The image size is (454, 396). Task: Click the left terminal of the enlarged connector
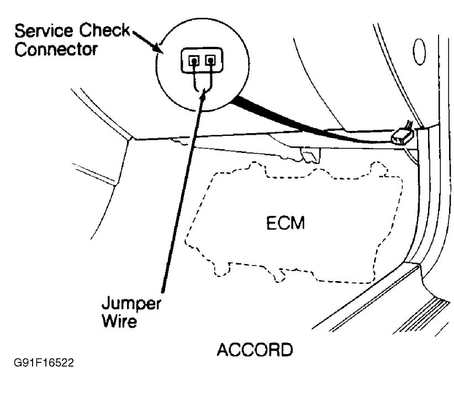pyautogui.click(x=193, y=61)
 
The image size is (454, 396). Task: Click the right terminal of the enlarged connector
pyautogui.click(x=210, y=61)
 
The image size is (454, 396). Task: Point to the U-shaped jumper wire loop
pyautogui.click(x=202, y=83)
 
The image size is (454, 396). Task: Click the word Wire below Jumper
pyautogui.click(x=124, y=321)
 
